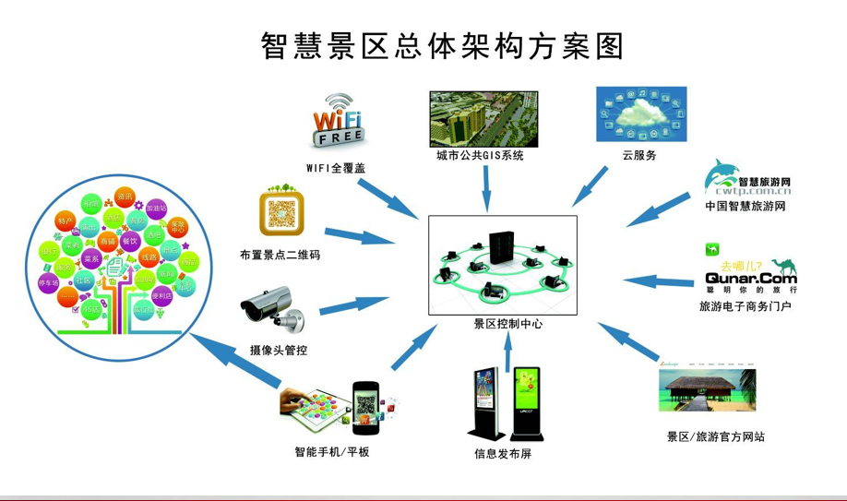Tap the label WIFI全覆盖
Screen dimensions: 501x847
point(336,168)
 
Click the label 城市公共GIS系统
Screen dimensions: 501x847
point(481,156)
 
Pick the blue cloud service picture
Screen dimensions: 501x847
point(641,114)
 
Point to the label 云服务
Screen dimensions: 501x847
point(639,156)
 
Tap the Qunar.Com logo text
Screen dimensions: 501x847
point(749,277)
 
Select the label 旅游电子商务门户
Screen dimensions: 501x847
point(746,305)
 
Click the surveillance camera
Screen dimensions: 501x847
point(276,305)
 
